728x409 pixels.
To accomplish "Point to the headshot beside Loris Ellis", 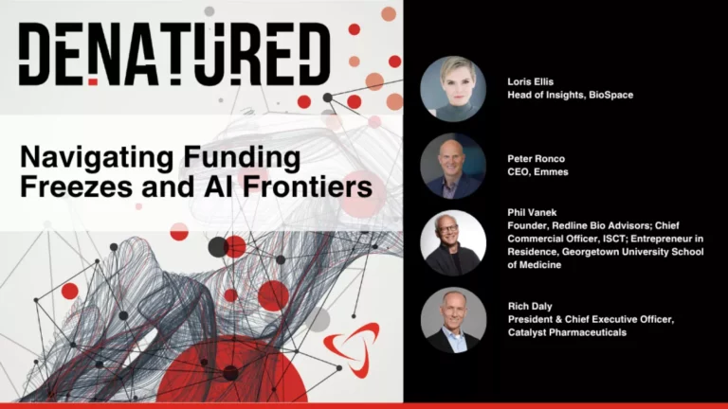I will pos(453,89).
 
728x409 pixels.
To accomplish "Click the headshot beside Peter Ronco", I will pos(453,166).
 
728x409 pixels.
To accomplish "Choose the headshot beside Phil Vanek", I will pos(453,242).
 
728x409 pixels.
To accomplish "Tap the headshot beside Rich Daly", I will pos(453,322).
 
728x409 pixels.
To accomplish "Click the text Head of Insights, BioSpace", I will pos(571,96).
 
